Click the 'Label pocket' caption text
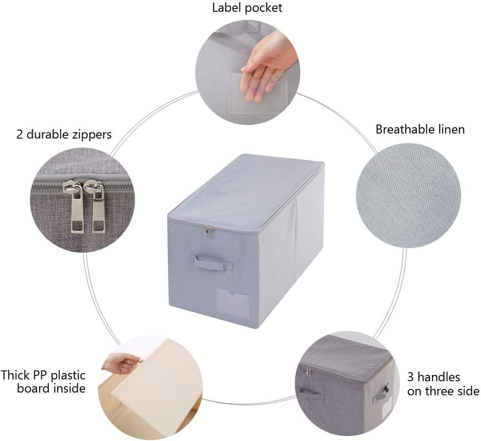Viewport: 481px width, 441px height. tap(247, 8)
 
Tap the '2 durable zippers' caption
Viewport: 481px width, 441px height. tap(64, 134)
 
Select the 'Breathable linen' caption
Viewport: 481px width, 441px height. tap(420, 129)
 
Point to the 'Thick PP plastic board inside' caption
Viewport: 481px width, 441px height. tap(43, 381)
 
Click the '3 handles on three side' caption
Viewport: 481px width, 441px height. tap(443, 384)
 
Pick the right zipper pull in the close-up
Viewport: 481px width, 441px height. tap(96, 206)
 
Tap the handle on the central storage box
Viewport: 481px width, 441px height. tap(211, 262)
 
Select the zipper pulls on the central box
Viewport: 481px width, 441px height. tap(209, 231)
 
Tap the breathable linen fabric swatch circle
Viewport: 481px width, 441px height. tap(408, 195)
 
